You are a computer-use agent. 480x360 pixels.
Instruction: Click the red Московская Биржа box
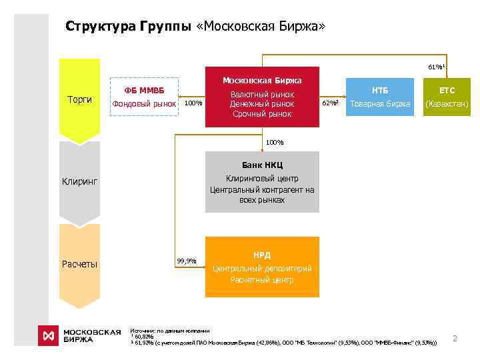(261, 97)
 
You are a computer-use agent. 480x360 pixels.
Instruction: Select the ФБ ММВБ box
(145, 97)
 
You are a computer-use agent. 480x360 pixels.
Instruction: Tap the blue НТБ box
(380, 97)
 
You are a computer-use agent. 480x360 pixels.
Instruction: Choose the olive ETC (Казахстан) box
(447, 97)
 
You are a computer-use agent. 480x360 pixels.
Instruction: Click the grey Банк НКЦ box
(261, 182)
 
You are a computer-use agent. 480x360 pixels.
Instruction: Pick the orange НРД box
(261, 267)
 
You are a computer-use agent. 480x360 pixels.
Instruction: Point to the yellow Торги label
(80, 99)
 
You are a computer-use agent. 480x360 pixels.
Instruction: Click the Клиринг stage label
(80, 181)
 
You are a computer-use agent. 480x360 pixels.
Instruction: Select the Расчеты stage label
(80, 264)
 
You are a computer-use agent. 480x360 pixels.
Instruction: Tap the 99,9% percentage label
(187, 261)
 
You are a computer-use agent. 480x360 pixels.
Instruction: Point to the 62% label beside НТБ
(331, 103)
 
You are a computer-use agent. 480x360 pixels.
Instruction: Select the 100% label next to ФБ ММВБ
(193, 103)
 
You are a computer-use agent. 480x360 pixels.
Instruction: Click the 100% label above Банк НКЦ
(274, 142)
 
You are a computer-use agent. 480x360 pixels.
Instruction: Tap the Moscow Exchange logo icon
(48, 335)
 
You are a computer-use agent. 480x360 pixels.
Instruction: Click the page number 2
(455, 339)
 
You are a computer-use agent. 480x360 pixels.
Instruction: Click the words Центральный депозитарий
(261, 268)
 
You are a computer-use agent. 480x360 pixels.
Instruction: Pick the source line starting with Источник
(170, 331)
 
